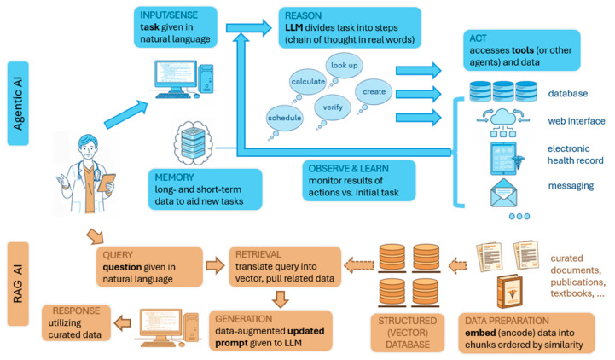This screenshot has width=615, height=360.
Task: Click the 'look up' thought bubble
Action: (x=344, y=66)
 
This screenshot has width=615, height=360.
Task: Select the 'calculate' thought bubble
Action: (x=308, y=82)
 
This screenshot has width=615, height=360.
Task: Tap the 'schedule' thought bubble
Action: (x=284, y=118)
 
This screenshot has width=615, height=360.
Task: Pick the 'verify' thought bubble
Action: (x=333, y=107)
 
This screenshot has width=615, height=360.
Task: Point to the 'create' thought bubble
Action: (x=374, y=92)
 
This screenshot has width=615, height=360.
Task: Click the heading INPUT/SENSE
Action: (x=169, y=15)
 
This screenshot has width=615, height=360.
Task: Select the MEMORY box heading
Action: (x=174, y=177)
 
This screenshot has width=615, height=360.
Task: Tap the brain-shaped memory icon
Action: (x=194, y=143)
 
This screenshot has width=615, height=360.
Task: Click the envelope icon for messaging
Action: (x=503, y=193)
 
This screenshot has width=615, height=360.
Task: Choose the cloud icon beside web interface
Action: (x=503, y=118)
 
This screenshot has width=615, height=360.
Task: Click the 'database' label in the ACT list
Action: (x=568, y=93)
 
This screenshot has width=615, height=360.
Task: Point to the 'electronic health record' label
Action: (x=576, y=154)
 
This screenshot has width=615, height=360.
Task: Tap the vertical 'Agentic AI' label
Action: (x=18, y=103)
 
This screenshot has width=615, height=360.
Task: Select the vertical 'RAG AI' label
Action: (x=18, y=284)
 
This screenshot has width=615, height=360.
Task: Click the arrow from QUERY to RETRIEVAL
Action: (x=215, y=266)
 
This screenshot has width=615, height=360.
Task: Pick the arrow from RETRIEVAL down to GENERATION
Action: (x=281, y=299)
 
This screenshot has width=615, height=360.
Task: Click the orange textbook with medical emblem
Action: (x=509, y=292)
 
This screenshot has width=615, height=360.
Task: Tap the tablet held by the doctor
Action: (x=107, y=183)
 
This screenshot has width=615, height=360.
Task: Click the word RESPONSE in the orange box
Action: (x=76, y=311)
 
